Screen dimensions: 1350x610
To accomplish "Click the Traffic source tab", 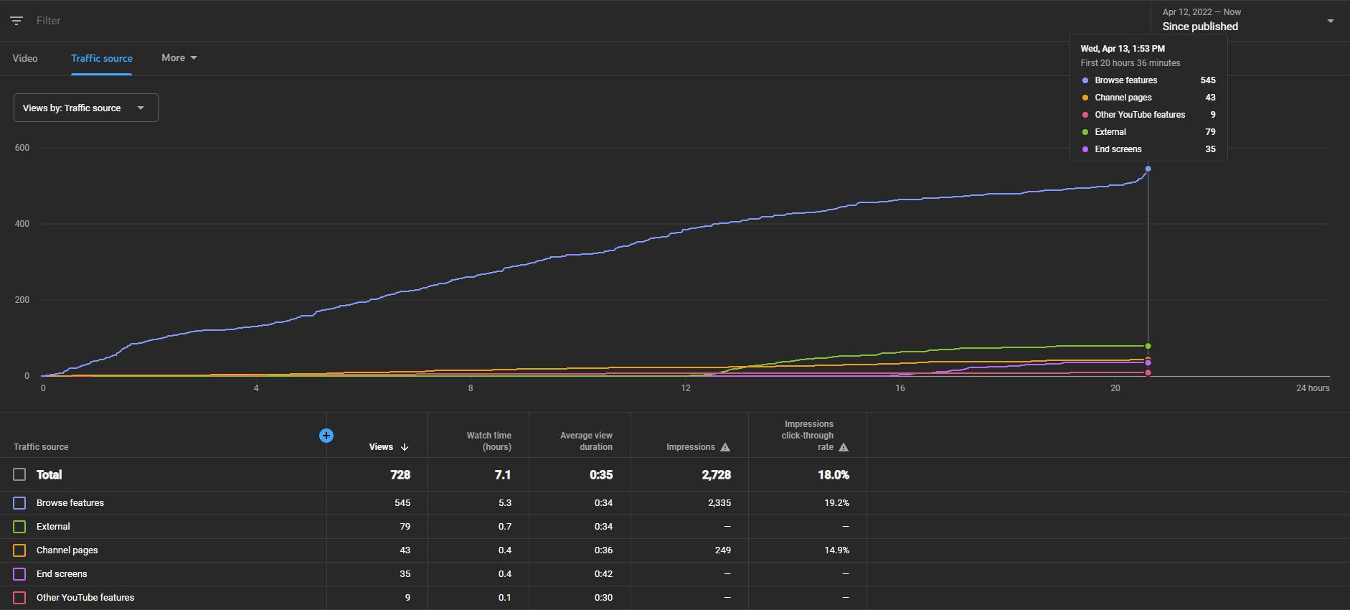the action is click(102, 58).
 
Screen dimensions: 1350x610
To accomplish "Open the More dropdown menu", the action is click(179, 57).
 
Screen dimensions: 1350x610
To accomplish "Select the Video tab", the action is click(25, 58).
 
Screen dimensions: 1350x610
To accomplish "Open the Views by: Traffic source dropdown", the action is click(86, 108).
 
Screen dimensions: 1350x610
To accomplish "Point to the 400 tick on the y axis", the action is click(22, 224).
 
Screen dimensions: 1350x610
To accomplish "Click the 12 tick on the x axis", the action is click(686, 388).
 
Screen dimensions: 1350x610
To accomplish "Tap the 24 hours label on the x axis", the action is click(1313, 388).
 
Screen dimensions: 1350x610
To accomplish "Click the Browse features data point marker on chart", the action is click(1148, 169).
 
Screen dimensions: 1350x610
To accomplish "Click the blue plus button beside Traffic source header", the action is click(326, 436).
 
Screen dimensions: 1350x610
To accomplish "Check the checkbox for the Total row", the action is click(19, 474).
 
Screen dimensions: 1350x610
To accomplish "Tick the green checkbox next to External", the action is click(19, 527).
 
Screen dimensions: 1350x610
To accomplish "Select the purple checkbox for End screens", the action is click(19, 574).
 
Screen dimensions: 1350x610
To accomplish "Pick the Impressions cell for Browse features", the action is click(719, 503).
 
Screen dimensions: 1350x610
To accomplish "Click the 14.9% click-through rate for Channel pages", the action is click(836, 550).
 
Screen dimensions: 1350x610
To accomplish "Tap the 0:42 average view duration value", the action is click(603, 574).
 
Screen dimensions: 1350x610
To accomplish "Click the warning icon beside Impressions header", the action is click(725, 447).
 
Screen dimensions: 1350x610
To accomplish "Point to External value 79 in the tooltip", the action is click(1210, 132).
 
